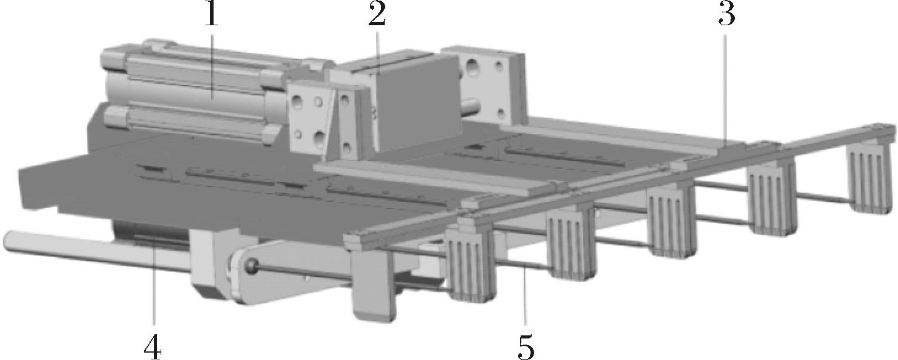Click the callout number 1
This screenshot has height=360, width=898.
pos(212,15)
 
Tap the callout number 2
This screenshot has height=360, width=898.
pos(377,15)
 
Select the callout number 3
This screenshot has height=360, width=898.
pos(727,15)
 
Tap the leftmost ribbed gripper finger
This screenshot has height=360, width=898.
pos(471,266)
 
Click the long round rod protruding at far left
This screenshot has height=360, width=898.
pos(96,250)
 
